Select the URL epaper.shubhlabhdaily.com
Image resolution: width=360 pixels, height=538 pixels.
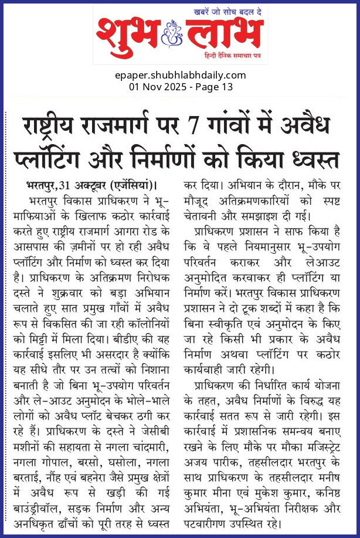[180, 75]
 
